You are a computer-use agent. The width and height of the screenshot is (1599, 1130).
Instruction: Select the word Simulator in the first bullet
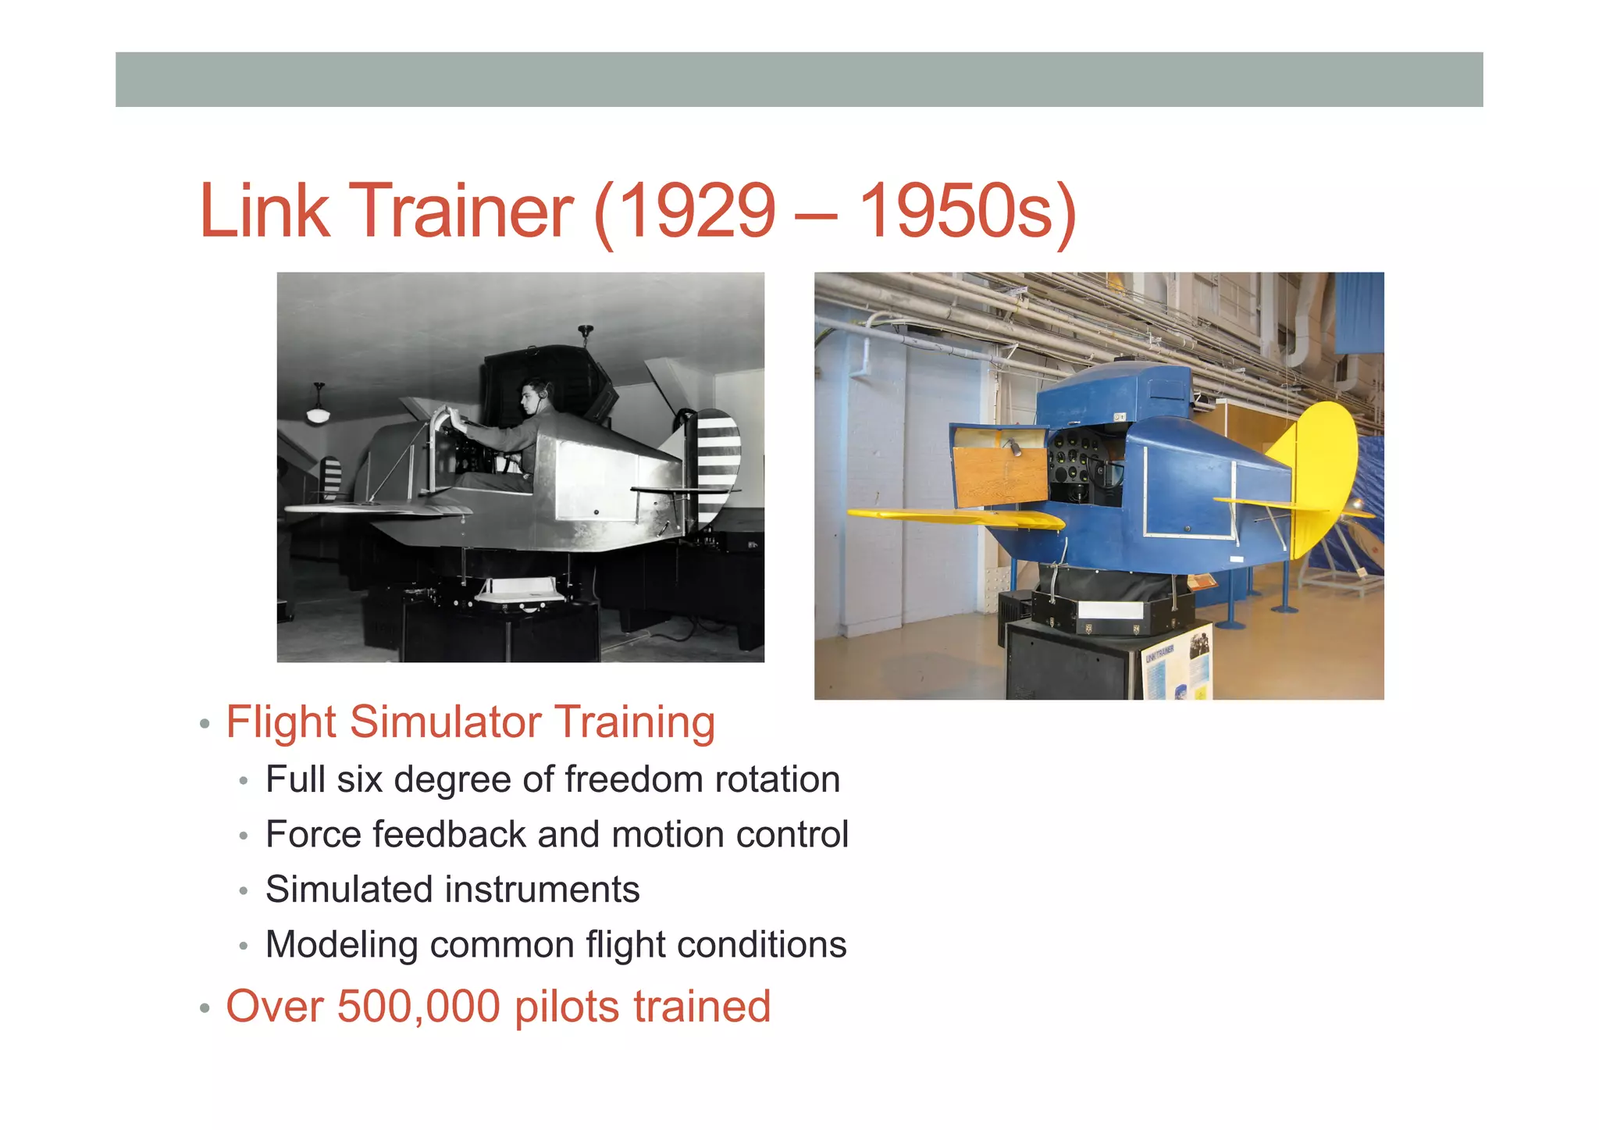[445, 722]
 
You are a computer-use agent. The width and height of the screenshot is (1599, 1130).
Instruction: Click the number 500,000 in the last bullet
[418, 1006]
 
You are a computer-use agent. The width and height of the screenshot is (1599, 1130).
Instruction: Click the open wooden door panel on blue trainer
[1000, 465]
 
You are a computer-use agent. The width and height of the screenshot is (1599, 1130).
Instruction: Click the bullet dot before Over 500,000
[205, 1008]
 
